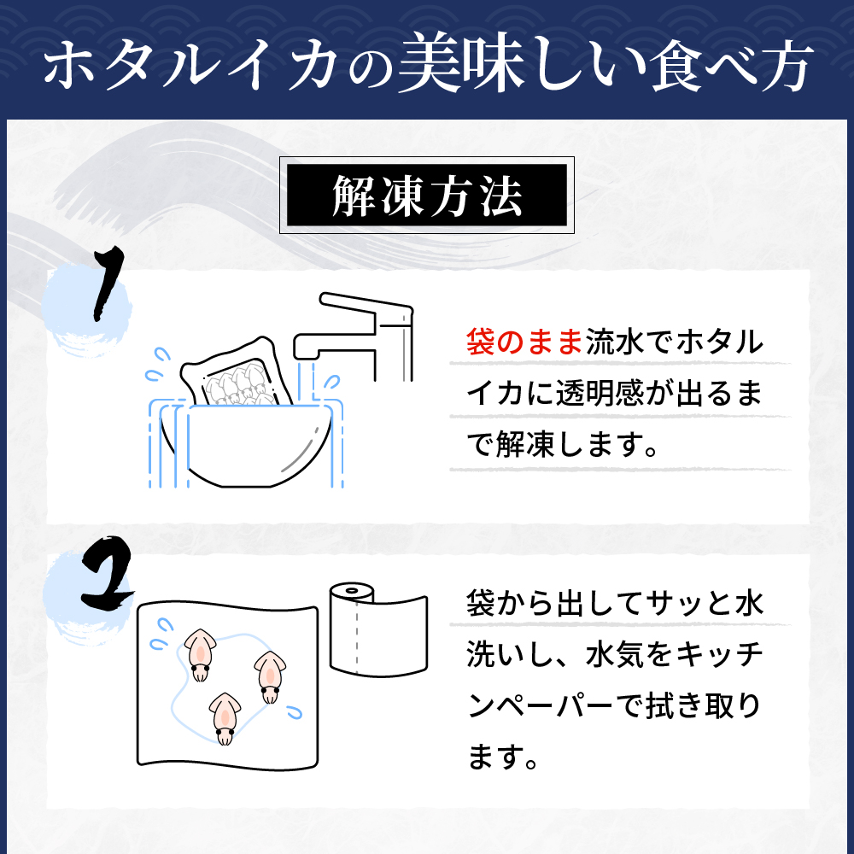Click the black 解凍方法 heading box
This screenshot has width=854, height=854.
click(x=426, y=196)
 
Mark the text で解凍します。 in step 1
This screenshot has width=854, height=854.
click(x=563, y=447)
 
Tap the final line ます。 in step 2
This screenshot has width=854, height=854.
click(x=503, y=758)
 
